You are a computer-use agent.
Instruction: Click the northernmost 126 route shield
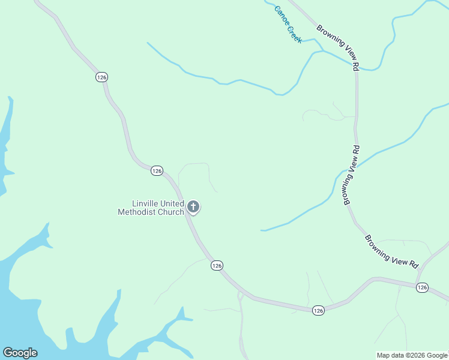101,77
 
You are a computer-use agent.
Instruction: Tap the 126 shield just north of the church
157,171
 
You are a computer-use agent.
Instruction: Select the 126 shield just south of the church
217,265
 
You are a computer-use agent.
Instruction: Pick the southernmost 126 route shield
318,310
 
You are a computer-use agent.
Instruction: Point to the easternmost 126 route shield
422,288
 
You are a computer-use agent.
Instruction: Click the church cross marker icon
193,207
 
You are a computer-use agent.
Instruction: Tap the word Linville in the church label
145,204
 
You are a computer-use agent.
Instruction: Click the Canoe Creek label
288,25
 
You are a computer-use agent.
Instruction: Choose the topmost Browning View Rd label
338,46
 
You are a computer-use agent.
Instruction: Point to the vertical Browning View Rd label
352,175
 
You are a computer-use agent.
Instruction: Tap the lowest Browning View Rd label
391,251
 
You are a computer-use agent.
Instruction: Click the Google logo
20,353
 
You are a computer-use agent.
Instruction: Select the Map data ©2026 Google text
412,355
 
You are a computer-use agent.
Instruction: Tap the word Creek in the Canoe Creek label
294,32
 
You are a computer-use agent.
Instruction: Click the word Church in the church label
170,212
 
